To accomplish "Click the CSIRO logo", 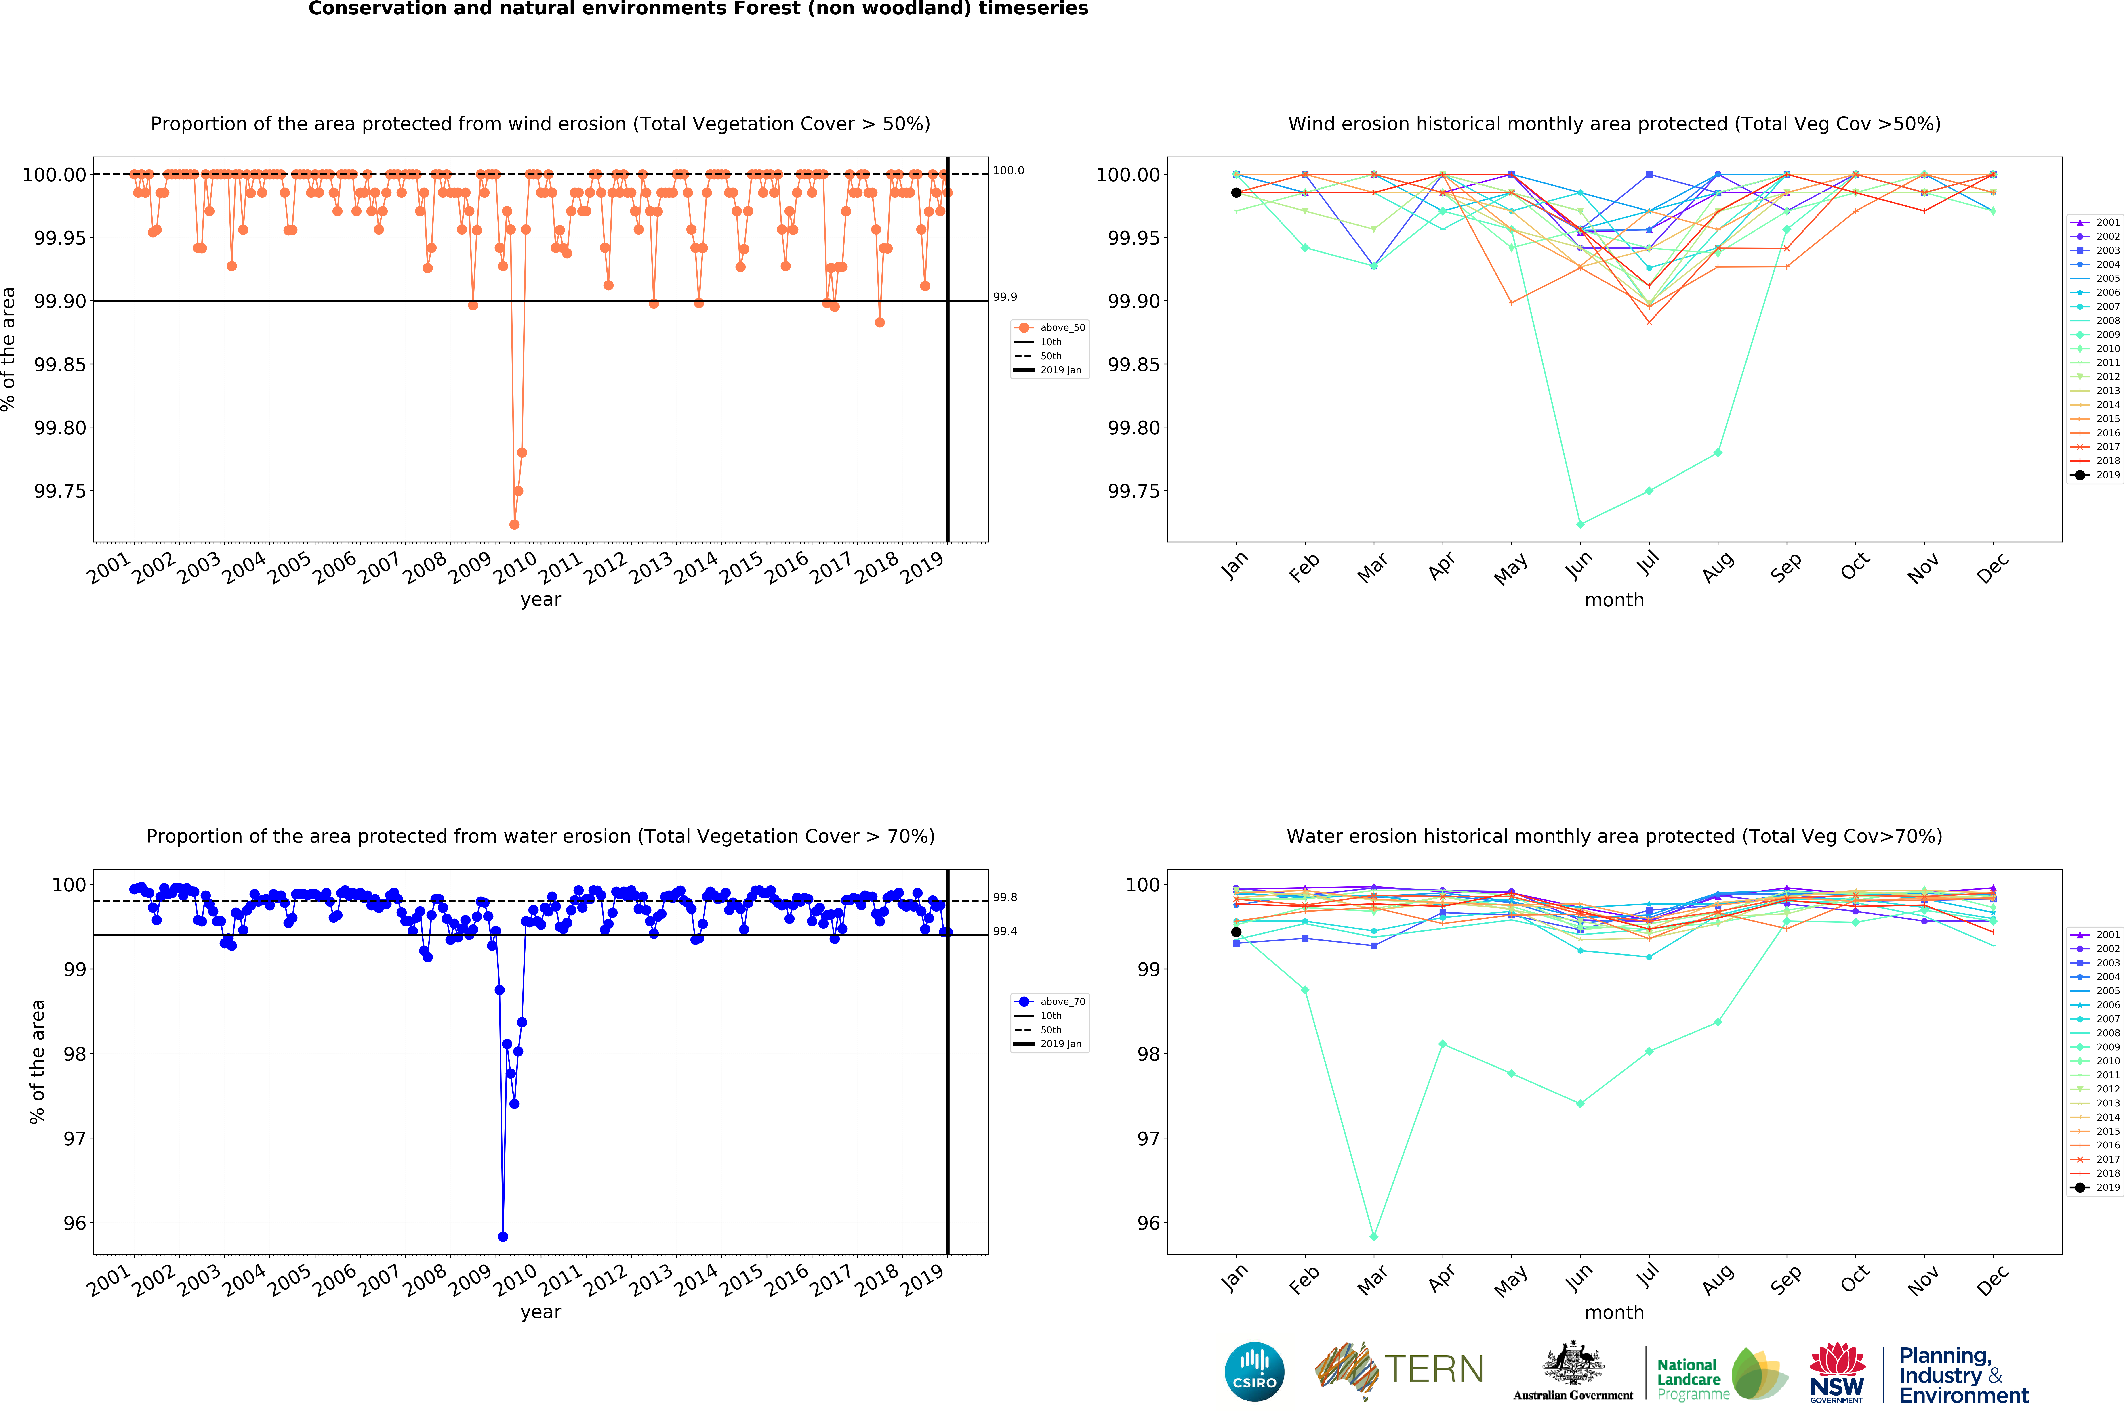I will coord(1255,1371).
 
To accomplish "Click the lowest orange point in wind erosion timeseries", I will coord(514,524).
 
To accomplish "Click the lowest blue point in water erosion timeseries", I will coord(503,1237).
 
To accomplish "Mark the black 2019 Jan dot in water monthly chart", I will coord(1236,932).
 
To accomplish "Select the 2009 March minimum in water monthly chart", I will coord(1374,1237).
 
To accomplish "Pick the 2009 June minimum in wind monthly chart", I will coord(1580,524).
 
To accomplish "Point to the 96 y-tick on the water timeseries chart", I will coord(75,1223).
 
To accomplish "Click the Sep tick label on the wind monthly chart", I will coord(1785,568).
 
